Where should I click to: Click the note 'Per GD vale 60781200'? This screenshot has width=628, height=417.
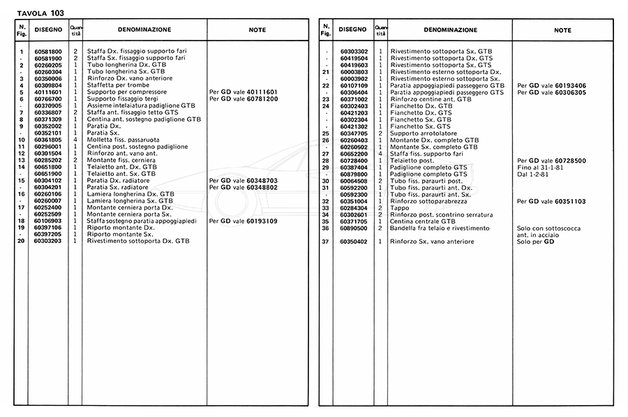coord(244,98)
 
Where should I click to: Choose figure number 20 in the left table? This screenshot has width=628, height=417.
coord(22,240)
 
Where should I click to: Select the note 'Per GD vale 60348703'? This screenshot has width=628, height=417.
coord(244,180)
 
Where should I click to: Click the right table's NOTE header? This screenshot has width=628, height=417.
coord(562,30)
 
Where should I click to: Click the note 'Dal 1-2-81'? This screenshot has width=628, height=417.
coord(534,174)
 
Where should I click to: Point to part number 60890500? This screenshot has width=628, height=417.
coord(354,228)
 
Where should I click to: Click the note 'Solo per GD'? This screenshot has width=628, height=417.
coord(535,242)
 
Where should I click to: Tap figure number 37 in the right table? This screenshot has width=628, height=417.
coord(325,242)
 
